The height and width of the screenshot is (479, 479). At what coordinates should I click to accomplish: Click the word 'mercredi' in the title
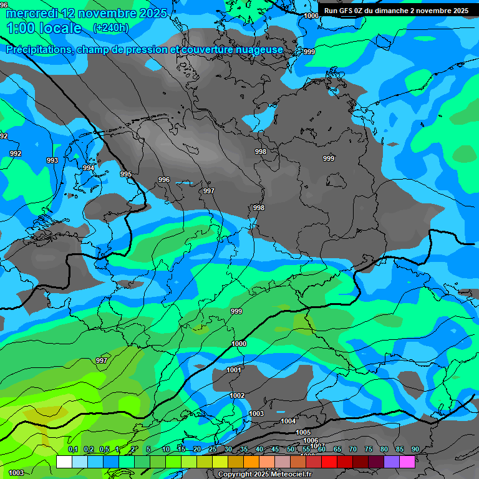click(x=32, y=13)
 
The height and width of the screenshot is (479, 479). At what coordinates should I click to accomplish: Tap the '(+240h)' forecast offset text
click(x=110, y=28)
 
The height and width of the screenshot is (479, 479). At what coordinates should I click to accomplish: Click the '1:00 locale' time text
click(x=44, y=29)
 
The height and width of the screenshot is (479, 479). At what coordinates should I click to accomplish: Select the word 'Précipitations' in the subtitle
click(x=38, y=50)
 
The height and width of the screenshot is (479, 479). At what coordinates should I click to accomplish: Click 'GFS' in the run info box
click(x=351, y=11)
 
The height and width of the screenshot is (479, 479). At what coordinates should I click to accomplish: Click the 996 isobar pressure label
click(x=164, y=180)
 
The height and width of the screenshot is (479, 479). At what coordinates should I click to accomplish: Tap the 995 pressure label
click(x=126, y=174)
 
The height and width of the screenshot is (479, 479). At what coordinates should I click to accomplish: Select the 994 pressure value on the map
click(x=89, y=168)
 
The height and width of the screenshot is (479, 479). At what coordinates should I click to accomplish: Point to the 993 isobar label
click(x=52, y=160)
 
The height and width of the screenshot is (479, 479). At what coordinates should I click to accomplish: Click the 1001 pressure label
click(x=234, y=370)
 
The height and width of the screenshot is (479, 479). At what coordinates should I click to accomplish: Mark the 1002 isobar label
click(x=237, y=395)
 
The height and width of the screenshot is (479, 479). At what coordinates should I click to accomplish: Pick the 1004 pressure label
click(x=288, y=421)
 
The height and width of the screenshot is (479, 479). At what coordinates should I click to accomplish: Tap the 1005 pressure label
click(x=303, y=432)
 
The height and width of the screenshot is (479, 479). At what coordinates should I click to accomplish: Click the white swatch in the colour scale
click(x=64, y=462)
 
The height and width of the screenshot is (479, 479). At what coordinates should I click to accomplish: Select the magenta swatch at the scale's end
click(x=407, y=462)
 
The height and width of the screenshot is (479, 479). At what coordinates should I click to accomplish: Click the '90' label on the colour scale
click(x=415, y=449)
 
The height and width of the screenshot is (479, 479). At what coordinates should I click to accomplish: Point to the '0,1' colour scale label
click(x=73, y=449)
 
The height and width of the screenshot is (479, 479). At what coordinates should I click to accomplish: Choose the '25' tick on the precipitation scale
click(x=213, y=449)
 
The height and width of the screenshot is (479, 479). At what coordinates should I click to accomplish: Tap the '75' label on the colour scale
click(x=369, y=449)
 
